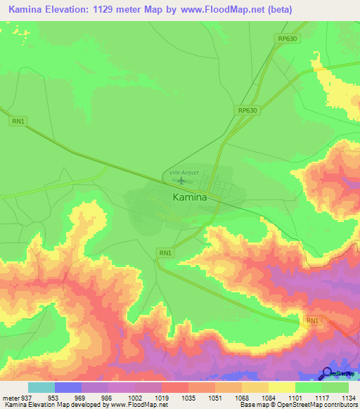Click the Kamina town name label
click(x=190, y=197)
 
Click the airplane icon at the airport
click(x=182, y=181)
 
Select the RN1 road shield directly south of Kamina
click(x=165, y=252)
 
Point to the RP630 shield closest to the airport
click(x=247, y=110)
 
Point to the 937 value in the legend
click(x=26, y=396)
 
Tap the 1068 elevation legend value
click(x=240, y=396)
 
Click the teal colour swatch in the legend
click(x=41, y=387)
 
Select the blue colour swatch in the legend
click(x=68, y=387)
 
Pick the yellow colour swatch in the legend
click(x=281, y=387)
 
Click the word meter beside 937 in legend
click(x=9, y=396)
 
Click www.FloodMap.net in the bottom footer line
click(x=133, y=405)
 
